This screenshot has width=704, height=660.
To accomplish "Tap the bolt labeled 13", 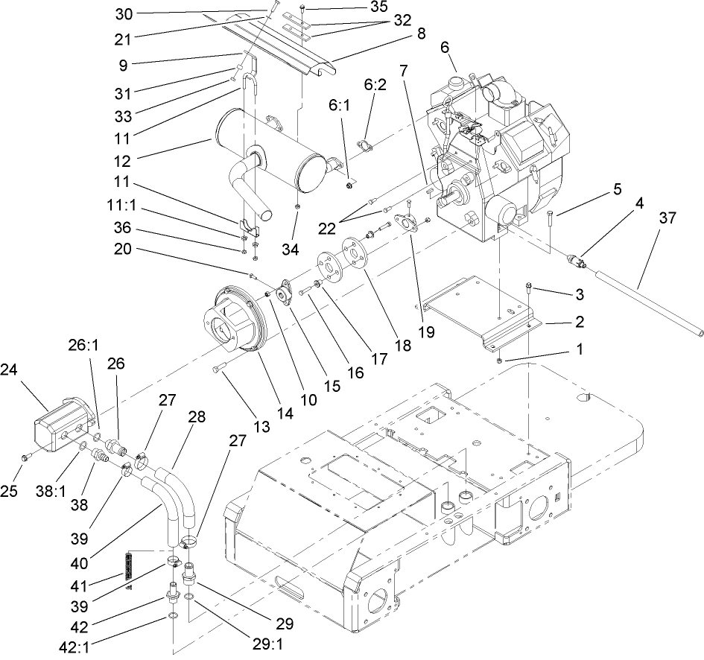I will click(x=218, y=368).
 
